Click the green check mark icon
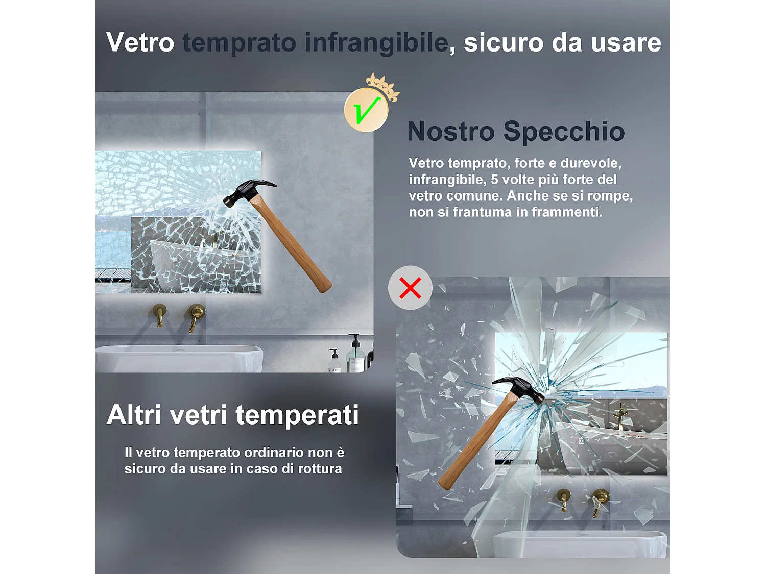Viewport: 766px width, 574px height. click(366, 110)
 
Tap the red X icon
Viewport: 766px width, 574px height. click(410, 288)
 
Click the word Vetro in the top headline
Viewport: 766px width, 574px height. click(140, 42)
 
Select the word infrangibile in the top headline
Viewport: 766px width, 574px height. click(376, 42)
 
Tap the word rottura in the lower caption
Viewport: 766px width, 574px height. click(320, 469)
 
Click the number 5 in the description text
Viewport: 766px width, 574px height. click(494, 180)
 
